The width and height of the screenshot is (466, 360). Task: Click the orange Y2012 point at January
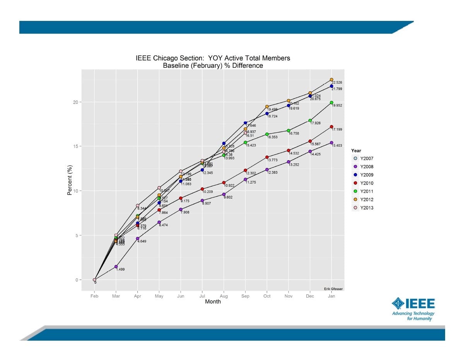tap(331, 80)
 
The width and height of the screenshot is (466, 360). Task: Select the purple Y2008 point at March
tap(116, 267)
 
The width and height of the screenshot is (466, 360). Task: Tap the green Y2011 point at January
tap(331, 103)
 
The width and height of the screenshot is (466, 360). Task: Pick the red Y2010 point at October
tap(267, 157)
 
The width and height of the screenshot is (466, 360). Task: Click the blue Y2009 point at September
tap(245, 123)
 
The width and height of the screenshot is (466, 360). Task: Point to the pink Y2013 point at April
tap(138, 206)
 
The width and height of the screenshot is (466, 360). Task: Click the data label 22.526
tap(337, 83)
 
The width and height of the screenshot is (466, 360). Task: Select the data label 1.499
tap(120, 269)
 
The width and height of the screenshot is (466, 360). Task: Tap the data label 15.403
tap(337, 146)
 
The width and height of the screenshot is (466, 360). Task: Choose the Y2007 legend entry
tap(366, 159)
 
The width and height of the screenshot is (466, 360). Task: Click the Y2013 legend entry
tap(366, 208)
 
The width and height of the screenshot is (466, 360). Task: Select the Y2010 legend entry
tap(366, 183)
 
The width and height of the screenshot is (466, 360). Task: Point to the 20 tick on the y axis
tap(76, 102)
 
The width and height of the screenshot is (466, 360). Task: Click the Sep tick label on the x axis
tap(245, 296)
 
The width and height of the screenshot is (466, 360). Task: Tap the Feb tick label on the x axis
tap(94, 296)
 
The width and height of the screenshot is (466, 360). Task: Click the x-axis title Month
tap(213, 302)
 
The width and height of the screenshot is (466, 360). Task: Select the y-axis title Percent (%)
tap(70, 180)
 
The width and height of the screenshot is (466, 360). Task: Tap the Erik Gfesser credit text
tap(333, 289)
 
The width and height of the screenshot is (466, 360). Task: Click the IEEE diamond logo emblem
tap(398, 303)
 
